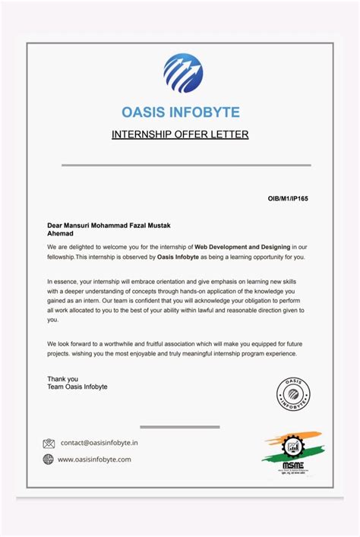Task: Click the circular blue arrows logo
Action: (183, 73)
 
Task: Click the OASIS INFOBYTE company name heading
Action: (181, 112)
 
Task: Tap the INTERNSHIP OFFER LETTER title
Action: (180, 135)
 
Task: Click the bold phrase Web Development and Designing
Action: (244, 247)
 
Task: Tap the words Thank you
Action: (62, 378)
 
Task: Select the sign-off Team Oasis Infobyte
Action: (77, 387)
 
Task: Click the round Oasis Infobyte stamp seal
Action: (293, 395)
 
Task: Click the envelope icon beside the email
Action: (49, 443)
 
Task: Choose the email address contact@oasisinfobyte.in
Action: (99, 442)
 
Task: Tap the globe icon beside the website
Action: (49, 459)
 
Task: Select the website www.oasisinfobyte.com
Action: (94, 459)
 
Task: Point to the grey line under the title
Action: (186, 165)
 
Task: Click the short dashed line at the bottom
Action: (180, 428)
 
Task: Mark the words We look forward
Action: (71, 344)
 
